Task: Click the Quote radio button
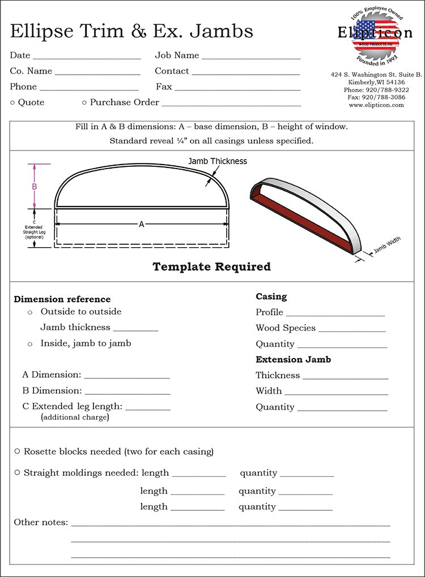pyautogui.click(x=12, y=102)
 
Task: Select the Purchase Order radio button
pyautogui.click(x=84, y=102)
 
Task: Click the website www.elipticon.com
pyautogui.click(x=376, y=105)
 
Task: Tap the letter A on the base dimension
pyautogui.click(x=142, y=225)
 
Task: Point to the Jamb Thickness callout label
pyautogui.click(x=218, y=161)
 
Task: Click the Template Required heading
pyautogui.click(x=212, y=266)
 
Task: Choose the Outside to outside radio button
pyautogui.click(x=30, y=312)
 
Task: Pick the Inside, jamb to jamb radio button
pyautogui.click(x=30, y=344)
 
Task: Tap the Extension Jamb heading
pyautogui.click(x=293, y=359)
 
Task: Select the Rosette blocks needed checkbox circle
pyautogui.click(x=18, y=451)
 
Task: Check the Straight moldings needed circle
pyautogui.click(x=18, y=472)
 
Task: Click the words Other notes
pyautogui.click(x=41, y=522)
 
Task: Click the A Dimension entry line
pyautogui.click(x=127, y=377)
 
